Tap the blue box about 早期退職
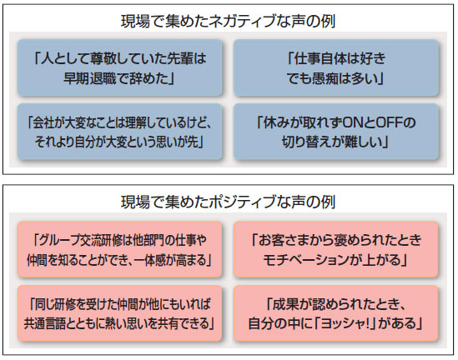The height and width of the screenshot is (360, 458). [119, 67]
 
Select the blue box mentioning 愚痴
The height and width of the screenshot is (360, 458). [336, 67]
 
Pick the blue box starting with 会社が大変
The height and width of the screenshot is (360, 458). [119, 132]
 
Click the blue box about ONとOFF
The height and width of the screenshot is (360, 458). [336, 132]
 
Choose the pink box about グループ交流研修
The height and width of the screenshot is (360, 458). [119, 249]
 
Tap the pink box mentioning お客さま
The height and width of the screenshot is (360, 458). [336, 249]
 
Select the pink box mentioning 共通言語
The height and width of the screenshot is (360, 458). [119, 313]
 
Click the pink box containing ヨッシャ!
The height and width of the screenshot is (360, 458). [336, 313]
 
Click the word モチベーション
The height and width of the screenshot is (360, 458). [306, 259]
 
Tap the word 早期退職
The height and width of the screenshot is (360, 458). [89, 78]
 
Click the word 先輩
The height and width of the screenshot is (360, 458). [180, 58]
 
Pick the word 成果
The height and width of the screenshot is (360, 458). [285, 304]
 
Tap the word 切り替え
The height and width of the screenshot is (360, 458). [307, 142]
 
